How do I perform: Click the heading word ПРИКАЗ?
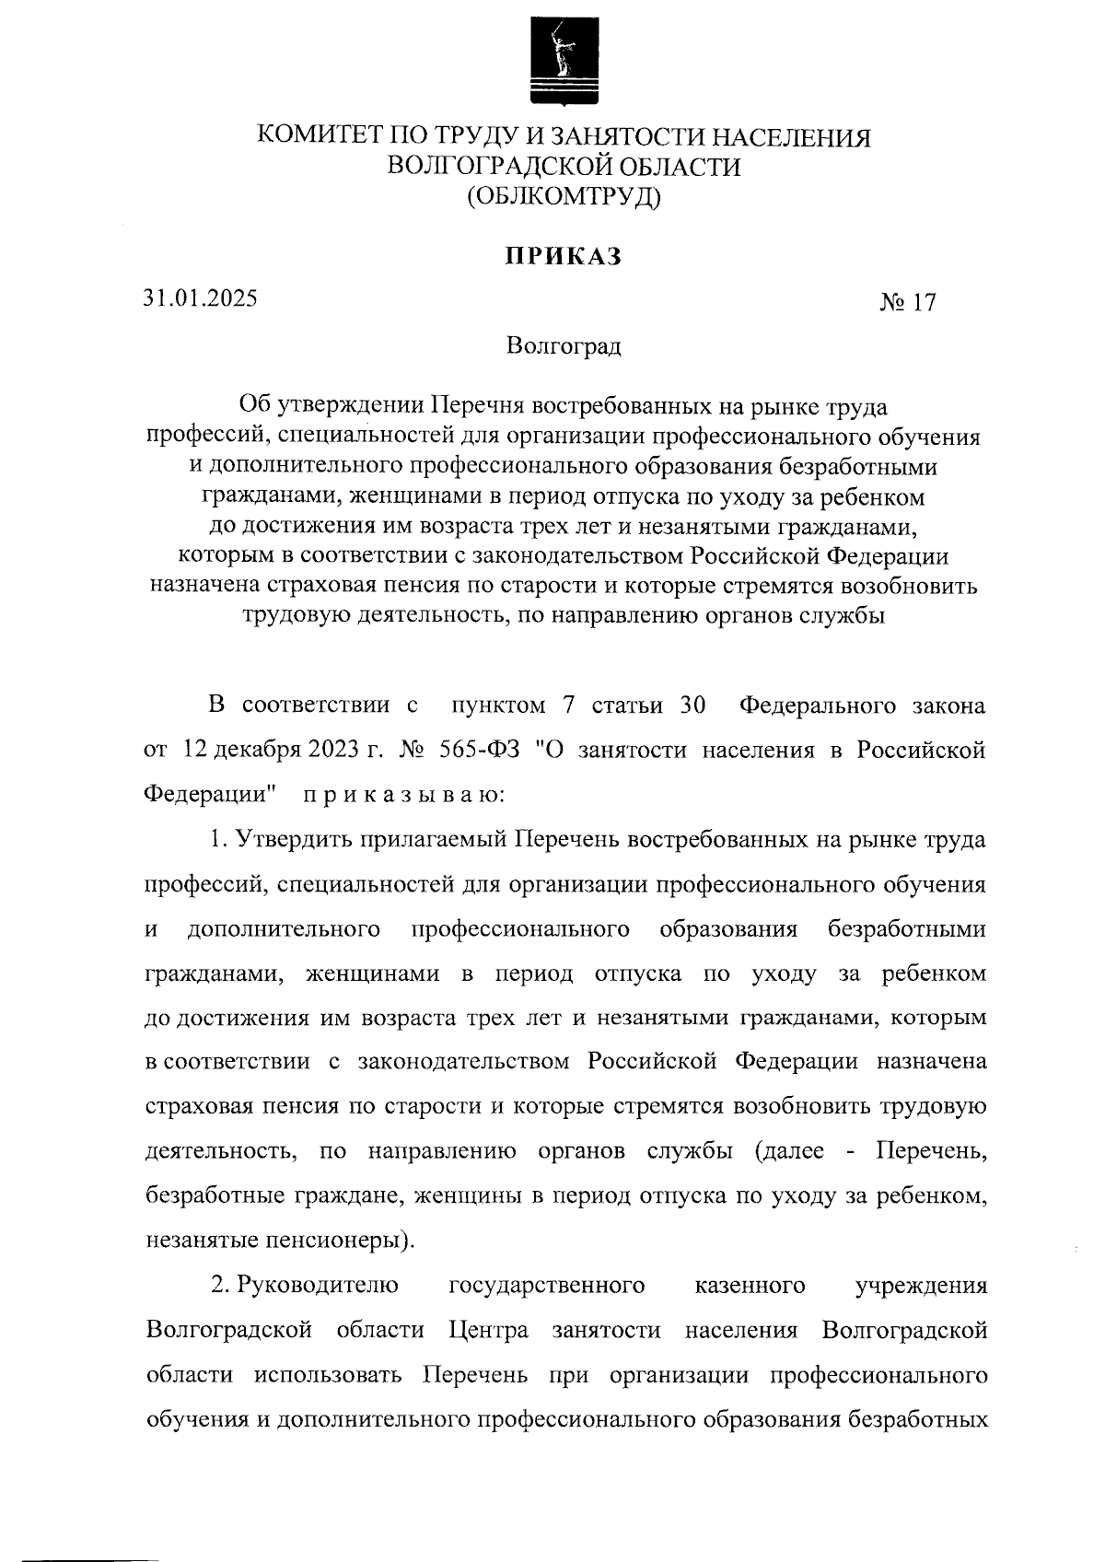tap(563, 257)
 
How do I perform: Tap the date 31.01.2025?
tap(200, 298)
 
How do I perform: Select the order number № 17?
tap(908, 303)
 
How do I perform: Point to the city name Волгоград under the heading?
tap(564, 347)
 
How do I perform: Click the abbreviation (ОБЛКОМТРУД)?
tap(564, 196)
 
